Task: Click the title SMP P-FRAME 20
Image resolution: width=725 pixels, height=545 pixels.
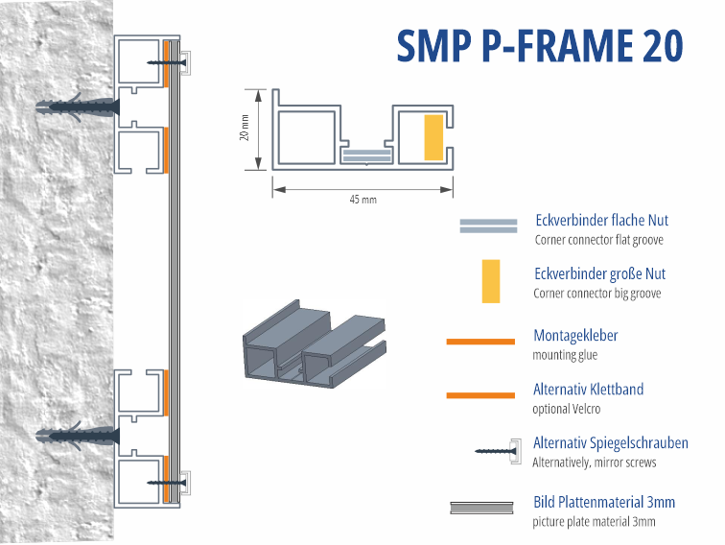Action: click(x=540, y=45)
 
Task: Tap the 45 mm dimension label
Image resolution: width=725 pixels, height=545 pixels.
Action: click(x=362, y=199)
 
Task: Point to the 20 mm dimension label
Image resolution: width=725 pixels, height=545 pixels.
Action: click(x=245, y=129)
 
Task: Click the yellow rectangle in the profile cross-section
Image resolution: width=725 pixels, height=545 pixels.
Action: click(x=433, y=137)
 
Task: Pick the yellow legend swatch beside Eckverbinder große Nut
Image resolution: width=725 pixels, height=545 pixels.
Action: click(x=491, y=281)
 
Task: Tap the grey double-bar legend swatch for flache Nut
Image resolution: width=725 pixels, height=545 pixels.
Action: click(x=488, y=226)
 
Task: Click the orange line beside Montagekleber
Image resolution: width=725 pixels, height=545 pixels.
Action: click(x=480, y=341)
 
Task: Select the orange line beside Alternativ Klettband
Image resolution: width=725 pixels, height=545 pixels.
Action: click(x=480, y=394)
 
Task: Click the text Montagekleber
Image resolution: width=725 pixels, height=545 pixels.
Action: click(x=575, y=336)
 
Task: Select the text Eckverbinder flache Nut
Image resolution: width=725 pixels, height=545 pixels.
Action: click(x=600, y=221)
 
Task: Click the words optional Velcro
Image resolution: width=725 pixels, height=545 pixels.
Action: click(x=567, y=409)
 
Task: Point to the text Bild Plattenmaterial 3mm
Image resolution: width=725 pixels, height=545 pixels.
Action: click(x=604, y=502)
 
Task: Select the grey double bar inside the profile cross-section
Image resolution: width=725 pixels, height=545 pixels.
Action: click(x=367, y=153)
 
